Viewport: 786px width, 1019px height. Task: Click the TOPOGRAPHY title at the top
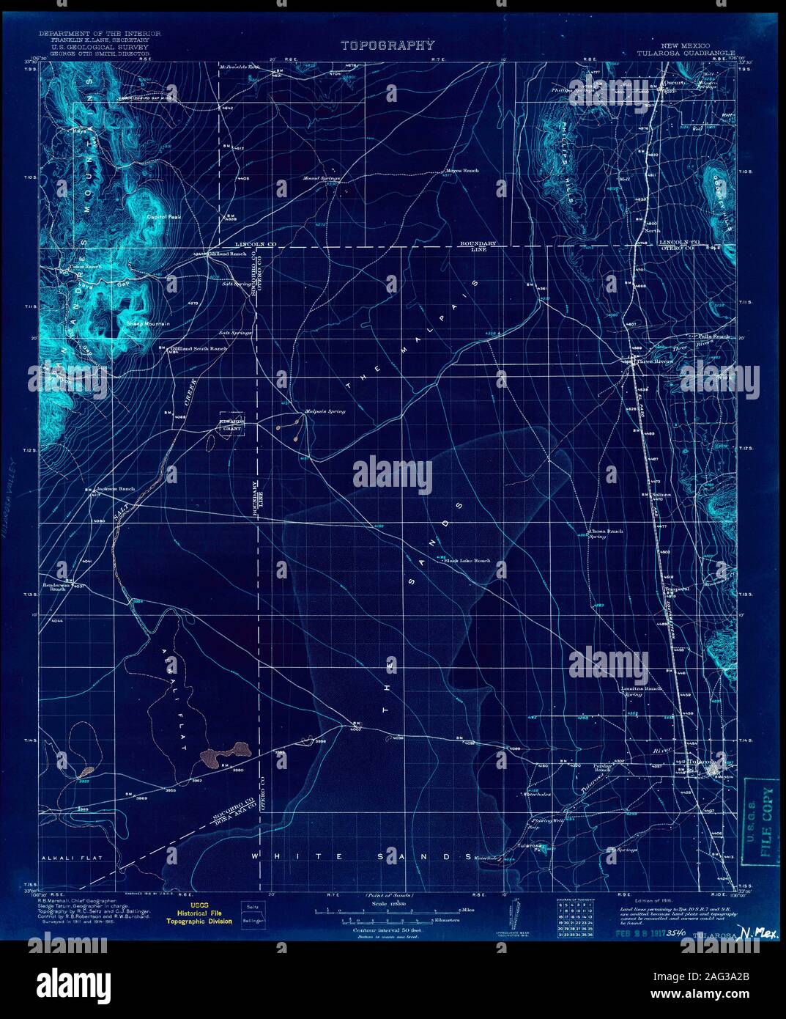pyautogui.click(x=388, y=45)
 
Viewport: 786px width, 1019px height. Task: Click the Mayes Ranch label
pyautogui.click(x=461, y=171)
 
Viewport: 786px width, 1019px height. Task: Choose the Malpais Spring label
pyautogui.click(x=325, y=411)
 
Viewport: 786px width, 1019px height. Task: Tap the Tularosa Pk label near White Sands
pyautogui.click(x=530, y=846)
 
